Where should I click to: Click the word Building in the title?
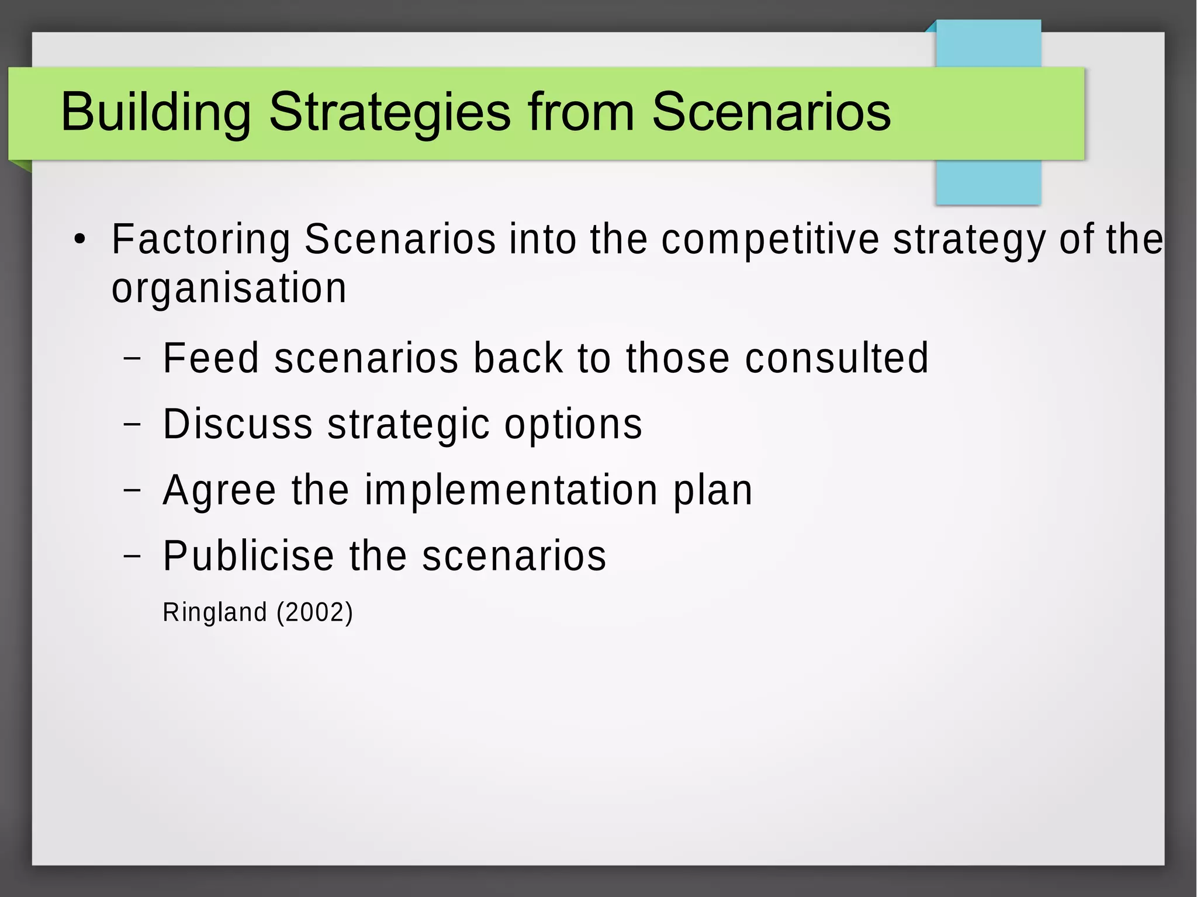155,112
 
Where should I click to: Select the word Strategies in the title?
390,112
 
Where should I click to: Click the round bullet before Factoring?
80,240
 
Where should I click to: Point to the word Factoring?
200,240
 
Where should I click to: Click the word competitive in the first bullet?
770,240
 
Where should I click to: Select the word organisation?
229,288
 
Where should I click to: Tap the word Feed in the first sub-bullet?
211,358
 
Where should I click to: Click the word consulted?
836,358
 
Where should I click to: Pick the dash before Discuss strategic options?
133,424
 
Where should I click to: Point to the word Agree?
219,490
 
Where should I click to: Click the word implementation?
511,490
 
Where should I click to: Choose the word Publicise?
248,555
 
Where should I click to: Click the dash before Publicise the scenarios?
133,556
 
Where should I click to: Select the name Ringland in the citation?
215,612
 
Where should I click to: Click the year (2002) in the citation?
315,612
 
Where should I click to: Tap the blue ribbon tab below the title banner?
988,182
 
